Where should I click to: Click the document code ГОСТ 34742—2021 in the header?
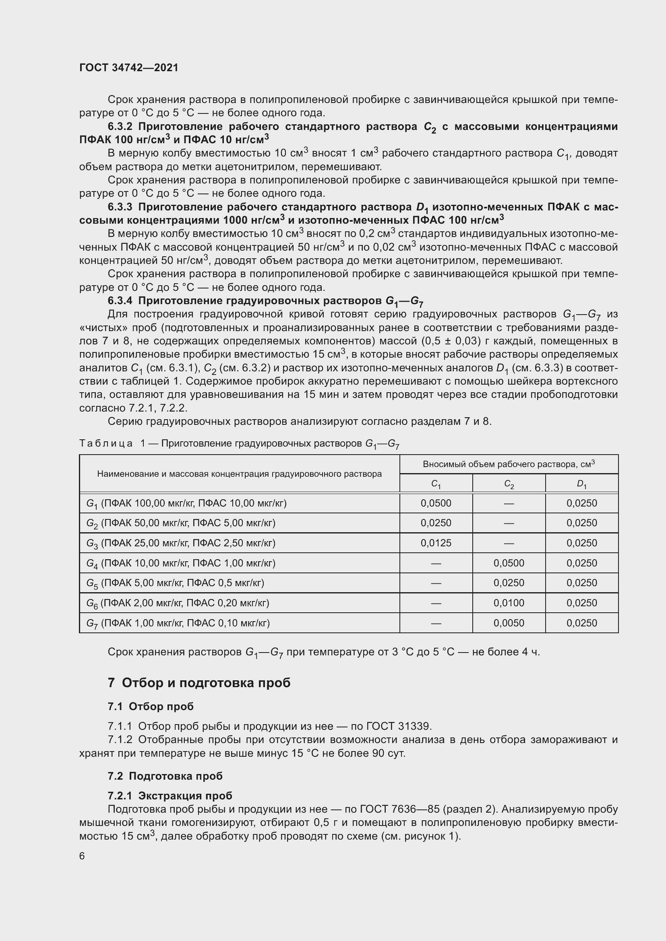click(x=129, y=68)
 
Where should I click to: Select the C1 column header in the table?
click(x=436, y=484)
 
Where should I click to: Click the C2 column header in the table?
click(x=509, y=484)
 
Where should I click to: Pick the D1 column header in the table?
click(x=581, y=484)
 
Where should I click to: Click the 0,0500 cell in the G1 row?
click(x=436, y=503)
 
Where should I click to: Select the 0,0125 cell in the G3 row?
click(x=436, y=543)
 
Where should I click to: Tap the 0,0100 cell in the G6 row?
click(x=509, y=603)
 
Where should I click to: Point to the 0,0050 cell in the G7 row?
click(x=509, y=623)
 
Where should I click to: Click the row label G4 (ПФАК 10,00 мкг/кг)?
click(x=181, y=563)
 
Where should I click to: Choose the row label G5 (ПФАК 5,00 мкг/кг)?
click(x=175, y=583)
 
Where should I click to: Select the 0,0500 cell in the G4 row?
click(x=509, y=563)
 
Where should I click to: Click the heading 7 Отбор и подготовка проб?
click(x=199, y=683)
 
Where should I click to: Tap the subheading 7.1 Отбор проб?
click(x=151, y=706)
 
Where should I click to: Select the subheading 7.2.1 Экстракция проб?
click(x=170, y=796)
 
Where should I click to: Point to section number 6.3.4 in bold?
click(x=120, y=301)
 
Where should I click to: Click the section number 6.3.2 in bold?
click(x=120, y=127)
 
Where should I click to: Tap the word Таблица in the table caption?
click(x=106, y=443)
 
